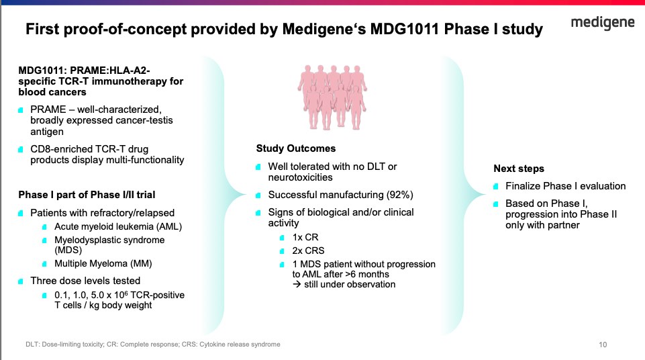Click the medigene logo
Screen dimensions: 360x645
click(603, 24)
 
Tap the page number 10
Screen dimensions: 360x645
click(603, 345)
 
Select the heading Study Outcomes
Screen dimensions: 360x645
click(296, 148)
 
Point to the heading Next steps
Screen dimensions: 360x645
click(519, 169)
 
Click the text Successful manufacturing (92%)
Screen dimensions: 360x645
click(340, 195)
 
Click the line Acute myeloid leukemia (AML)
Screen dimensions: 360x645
click(118, 227)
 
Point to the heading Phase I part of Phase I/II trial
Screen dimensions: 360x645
click(87, 195)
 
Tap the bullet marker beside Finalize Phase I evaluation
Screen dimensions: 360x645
click(497, 186)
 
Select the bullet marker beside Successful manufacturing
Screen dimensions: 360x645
click(260, 195)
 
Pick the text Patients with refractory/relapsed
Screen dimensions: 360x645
click(97, 213)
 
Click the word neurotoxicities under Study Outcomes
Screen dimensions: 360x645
click(301, 177)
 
